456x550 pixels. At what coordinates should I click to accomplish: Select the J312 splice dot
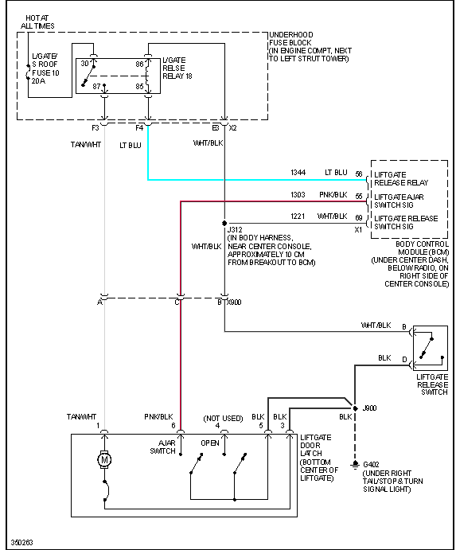(x=225, y=223)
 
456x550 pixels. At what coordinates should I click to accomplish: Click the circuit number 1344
(x=298, y=173)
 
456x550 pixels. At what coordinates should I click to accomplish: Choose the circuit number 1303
(x=298, y=195)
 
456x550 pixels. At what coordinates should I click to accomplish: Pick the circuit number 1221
(x=298, y=216)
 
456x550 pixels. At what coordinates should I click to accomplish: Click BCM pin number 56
(x=359, y=173)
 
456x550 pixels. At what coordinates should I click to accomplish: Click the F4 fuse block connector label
(x=140, y=127)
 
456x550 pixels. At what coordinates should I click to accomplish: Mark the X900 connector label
(x=235, y=302)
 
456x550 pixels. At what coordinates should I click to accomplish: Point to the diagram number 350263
(x=22, y=542)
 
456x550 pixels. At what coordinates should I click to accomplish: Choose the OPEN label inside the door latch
(x=210, y=443)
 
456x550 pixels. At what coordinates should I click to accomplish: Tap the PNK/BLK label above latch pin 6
(x=158, y=416)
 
